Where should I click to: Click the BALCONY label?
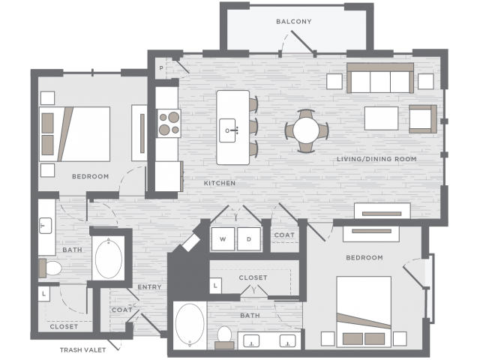pos(293,22)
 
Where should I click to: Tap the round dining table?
pos(306,130)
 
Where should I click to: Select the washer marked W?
pos(223,239)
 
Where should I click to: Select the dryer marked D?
pos(249,239)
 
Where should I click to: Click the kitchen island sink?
pos(228,130)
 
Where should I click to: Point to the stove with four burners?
pos(169,123)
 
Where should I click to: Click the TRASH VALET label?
pos(82,350)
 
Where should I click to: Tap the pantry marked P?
pos(161,68)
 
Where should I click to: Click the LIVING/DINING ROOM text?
pos(376,159)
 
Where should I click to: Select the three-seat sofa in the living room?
pos(380,78)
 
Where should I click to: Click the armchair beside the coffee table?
pos(423,118)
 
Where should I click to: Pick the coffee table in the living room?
pos(381,118)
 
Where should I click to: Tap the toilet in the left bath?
pos(50,268)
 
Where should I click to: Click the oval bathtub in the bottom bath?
pos(190,325)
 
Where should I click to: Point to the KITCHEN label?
pos(220,183)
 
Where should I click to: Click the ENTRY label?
pos(149,286)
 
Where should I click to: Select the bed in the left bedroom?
pos(75,134)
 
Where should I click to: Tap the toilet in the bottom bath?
pos(225,337)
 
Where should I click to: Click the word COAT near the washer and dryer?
pos(284,235)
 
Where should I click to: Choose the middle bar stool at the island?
pos(253,127)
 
